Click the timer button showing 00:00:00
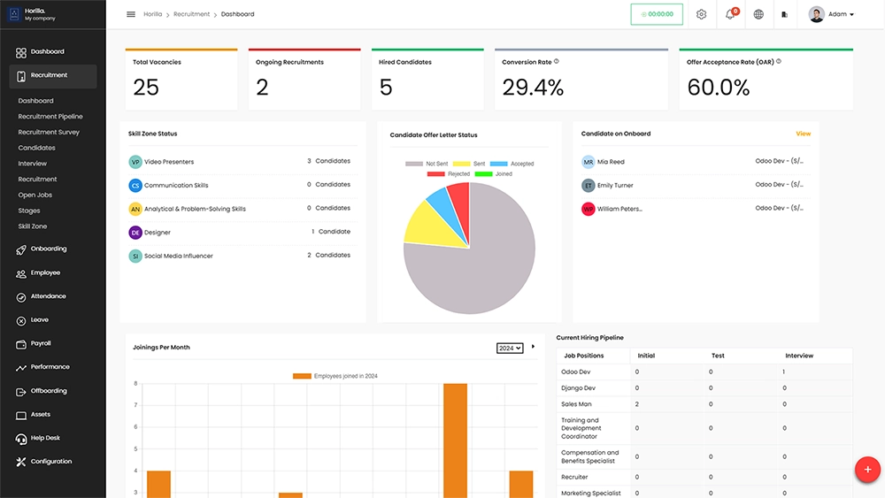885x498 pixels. pos(657,14)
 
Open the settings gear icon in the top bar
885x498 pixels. pos(702,14)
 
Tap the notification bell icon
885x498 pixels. pos(730,14)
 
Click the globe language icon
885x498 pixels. pos(758,14)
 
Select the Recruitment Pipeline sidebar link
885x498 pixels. pos(50,117)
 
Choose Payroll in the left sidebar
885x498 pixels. pos(41,343)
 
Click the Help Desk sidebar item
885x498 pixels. pos(45,438)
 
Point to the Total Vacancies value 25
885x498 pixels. pos(146,87)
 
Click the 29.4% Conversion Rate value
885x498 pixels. pos(533,87)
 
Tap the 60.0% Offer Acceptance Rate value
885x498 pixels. pos(718,87)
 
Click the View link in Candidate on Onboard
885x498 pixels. pos(803,134)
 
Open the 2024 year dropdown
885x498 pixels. pos(510,349)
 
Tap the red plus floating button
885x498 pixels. pos(867,470)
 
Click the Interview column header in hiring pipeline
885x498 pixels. pos(799,356)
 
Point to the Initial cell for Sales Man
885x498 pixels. pos(638,404)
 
